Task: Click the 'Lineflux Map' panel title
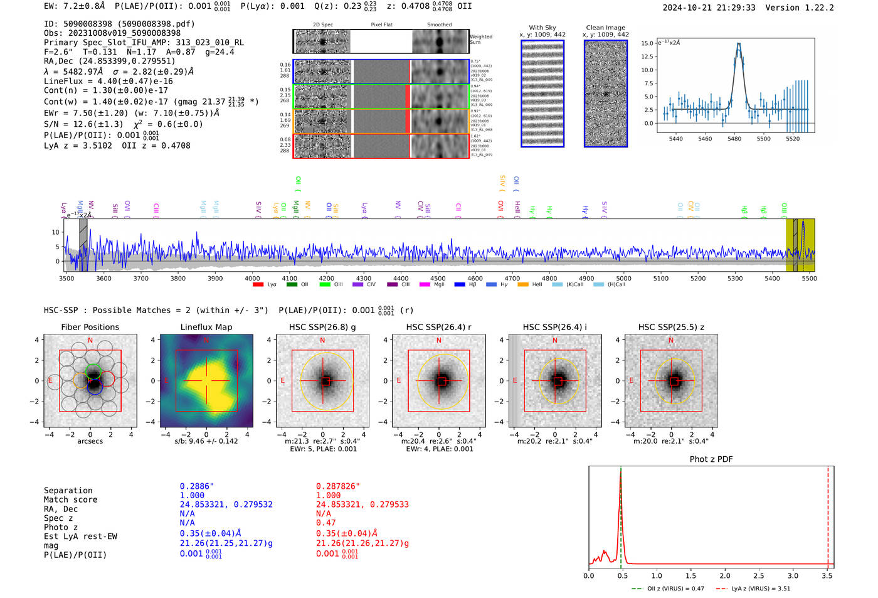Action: (x=206, y=327)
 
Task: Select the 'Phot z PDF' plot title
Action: (x=711, y=459)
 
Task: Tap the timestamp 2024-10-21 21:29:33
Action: (x=709, y=8)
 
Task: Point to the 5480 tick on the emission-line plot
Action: (x=734, y=139)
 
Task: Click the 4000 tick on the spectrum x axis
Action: (x=252, y=279)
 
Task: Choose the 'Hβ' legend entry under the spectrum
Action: (x=472, y=285)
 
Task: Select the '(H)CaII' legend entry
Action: (x=616, y=285)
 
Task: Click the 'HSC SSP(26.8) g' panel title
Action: (x=322, y=327)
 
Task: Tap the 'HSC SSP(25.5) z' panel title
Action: (x=671, y=327)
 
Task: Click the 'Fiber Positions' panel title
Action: (x=90, y=327)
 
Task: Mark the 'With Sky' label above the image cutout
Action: (x=542, y=28)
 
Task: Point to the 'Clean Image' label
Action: (x=605, y=28)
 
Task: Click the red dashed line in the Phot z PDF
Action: (x=828, y=515)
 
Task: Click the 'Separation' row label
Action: (x=68, y=491)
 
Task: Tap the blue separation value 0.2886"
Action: (x=196, y=486)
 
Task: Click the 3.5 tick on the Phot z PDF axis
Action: (x=827, y=575)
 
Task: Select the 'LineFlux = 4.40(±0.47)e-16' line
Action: (x=108, y=82)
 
